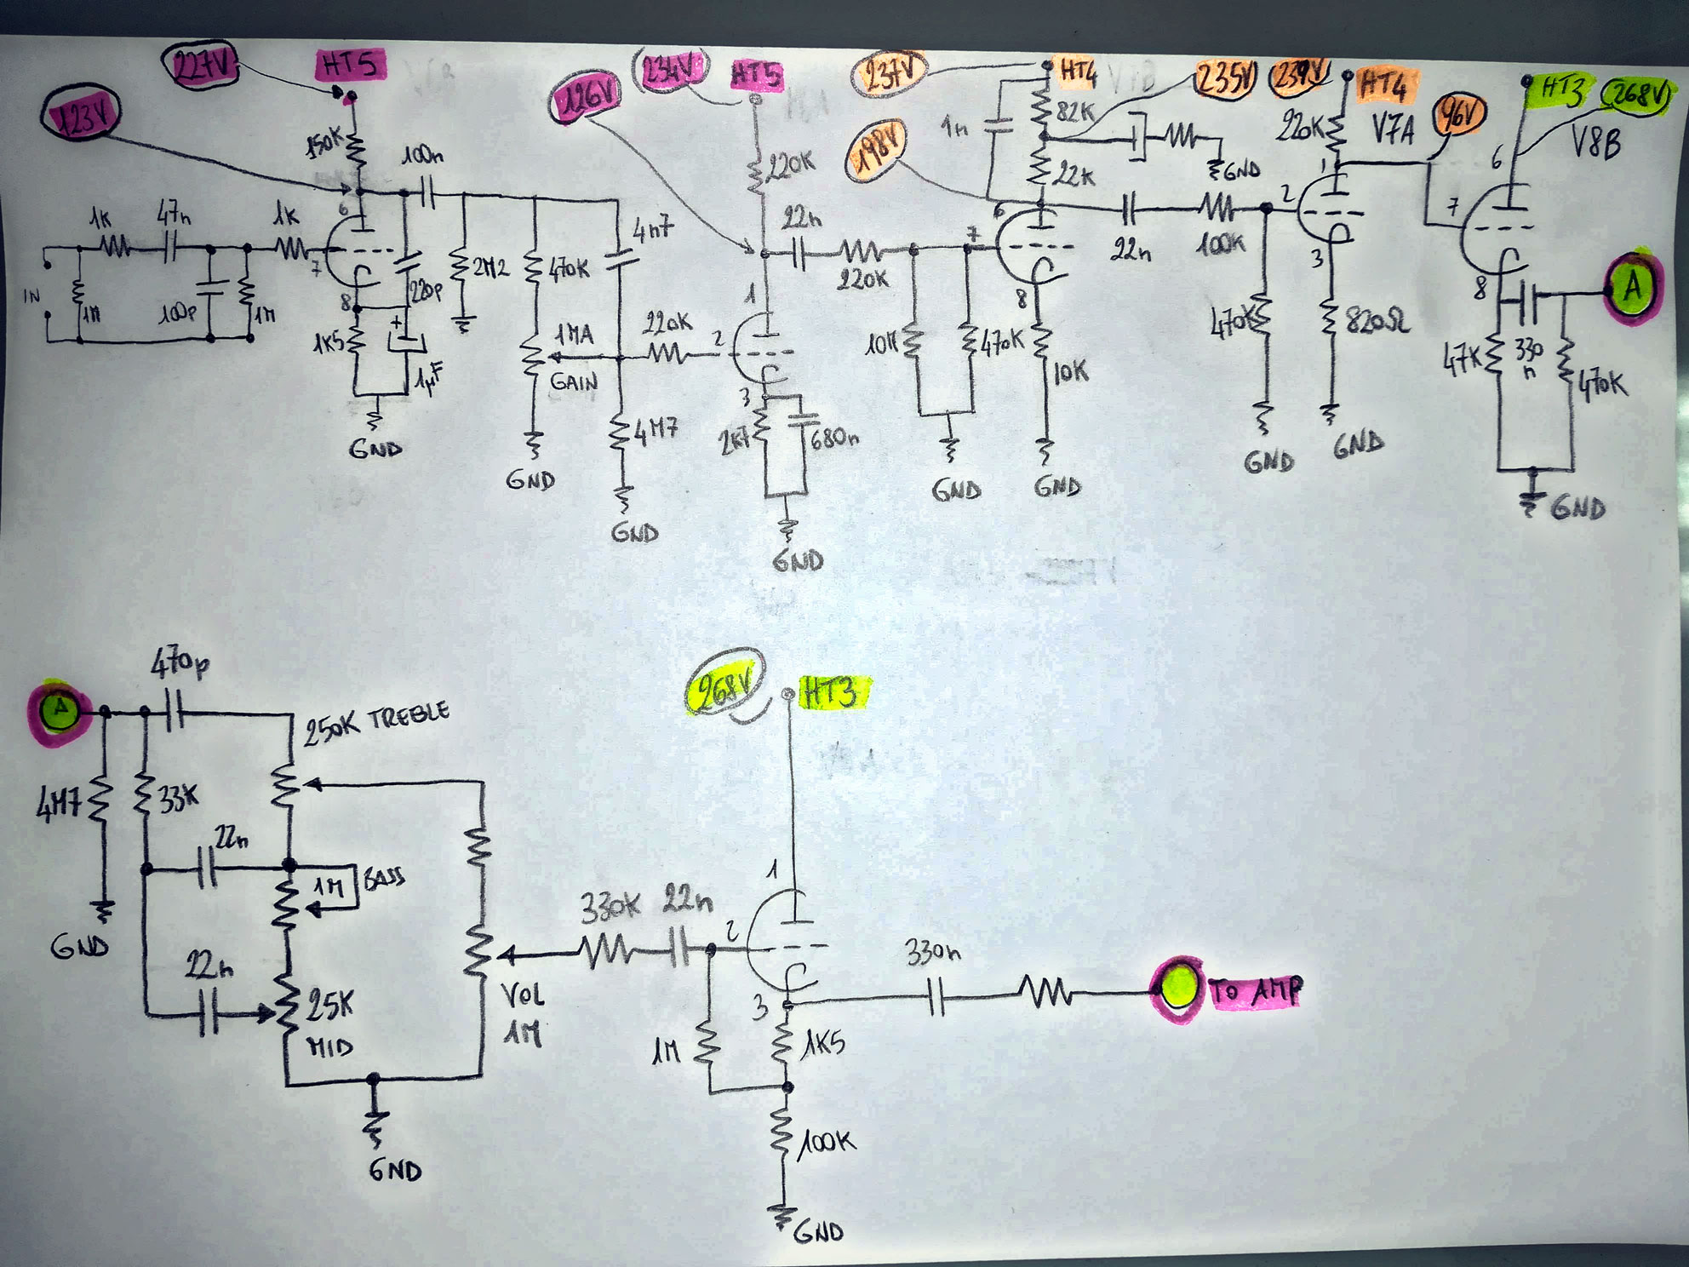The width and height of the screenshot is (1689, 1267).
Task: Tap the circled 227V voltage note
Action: [x=201, y=66]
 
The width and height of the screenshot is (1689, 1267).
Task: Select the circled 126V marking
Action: [x=586, y=98]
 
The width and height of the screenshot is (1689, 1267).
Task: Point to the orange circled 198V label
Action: [x=876, y=151]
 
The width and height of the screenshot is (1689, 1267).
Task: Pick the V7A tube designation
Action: [x=1392, y=130]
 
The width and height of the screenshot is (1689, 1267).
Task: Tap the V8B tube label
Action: [x=1595, y=143]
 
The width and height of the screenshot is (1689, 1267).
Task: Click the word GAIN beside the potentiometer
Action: [x=574, y=381]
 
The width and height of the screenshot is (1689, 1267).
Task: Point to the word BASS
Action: [x=384, y=878]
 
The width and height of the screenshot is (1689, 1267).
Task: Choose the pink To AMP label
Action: [x=1256, y=991]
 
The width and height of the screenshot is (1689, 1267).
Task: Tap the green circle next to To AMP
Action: [x=1178, y=986]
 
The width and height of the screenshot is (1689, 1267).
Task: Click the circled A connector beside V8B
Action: [x=1631, y=288]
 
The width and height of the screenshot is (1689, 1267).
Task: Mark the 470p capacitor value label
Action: [x=180, y=663]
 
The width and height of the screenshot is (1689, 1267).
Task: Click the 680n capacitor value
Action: [x=834, y=439]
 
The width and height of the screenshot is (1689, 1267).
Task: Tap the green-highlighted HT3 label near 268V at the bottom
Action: [x=832, y=693]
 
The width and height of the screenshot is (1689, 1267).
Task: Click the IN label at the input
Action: [x=31, y=295]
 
